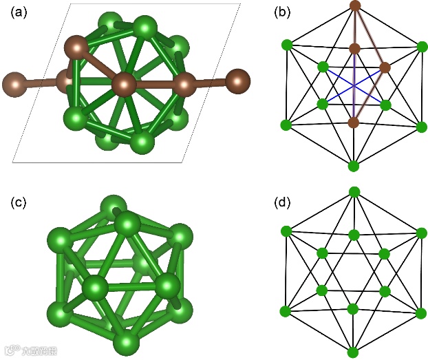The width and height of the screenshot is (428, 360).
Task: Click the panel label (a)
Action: click(19, 12)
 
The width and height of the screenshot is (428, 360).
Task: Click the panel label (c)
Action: click(19, 203)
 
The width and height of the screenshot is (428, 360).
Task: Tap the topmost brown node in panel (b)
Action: click(355, 6)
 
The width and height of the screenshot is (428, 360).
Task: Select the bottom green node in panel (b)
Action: click(354, 166)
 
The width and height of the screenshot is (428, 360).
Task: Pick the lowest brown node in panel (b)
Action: click(354, 123)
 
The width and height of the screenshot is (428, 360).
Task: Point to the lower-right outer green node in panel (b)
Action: click(422, 126)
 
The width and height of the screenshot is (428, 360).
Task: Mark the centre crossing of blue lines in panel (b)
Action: click(354, 86)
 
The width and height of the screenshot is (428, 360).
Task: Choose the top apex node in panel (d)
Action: click(354, 191)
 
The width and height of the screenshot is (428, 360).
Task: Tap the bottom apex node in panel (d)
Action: click(354, 352)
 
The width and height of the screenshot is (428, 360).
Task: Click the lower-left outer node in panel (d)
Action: click(286, 312)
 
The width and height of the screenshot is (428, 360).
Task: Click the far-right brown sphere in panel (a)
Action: click(238, 80)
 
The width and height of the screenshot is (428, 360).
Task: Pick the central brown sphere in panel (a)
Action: click(125, 85)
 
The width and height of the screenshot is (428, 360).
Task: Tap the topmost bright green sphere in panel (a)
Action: click(145, 28)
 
